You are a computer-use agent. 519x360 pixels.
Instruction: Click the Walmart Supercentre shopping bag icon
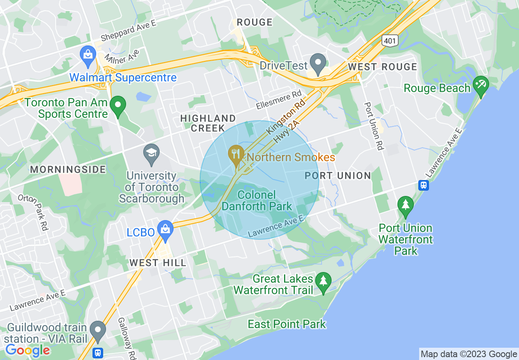(x=88, y=54)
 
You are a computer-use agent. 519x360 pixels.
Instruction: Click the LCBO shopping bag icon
(x=165, y=229)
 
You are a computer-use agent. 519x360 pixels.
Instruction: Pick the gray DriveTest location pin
(x=318, y=63)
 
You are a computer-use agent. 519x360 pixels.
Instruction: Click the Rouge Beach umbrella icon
(x=481, y=85)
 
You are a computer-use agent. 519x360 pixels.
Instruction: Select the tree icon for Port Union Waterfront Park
(x=405, y=205)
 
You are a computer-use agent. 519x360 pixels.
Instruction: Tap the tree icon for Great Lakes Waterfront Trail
(x=323, y=281)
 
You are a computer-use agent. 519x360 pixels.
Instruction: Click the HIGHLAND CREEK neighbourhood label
(x=208, y=123)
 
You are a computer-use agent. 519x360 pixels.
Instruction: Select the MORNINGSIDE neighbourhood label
(x=68, y=169)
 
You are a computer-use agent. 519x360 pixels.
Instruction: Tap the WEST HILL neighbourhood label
(x=158, y=263)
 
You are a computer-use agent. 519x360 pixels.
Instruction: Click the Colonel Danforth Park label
(x=257, y=200)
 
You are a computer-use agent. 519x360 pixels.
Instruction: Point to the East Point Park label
(x=287, y=324)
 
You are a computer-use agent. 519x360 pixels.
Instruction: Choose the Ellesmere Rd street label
(x=279, y=100)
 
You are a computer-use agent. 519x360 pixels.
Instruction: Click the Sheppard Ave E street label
(x=129, y=30)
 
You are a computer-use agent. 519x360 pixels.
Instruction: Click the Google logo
(x=27, y=350)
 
